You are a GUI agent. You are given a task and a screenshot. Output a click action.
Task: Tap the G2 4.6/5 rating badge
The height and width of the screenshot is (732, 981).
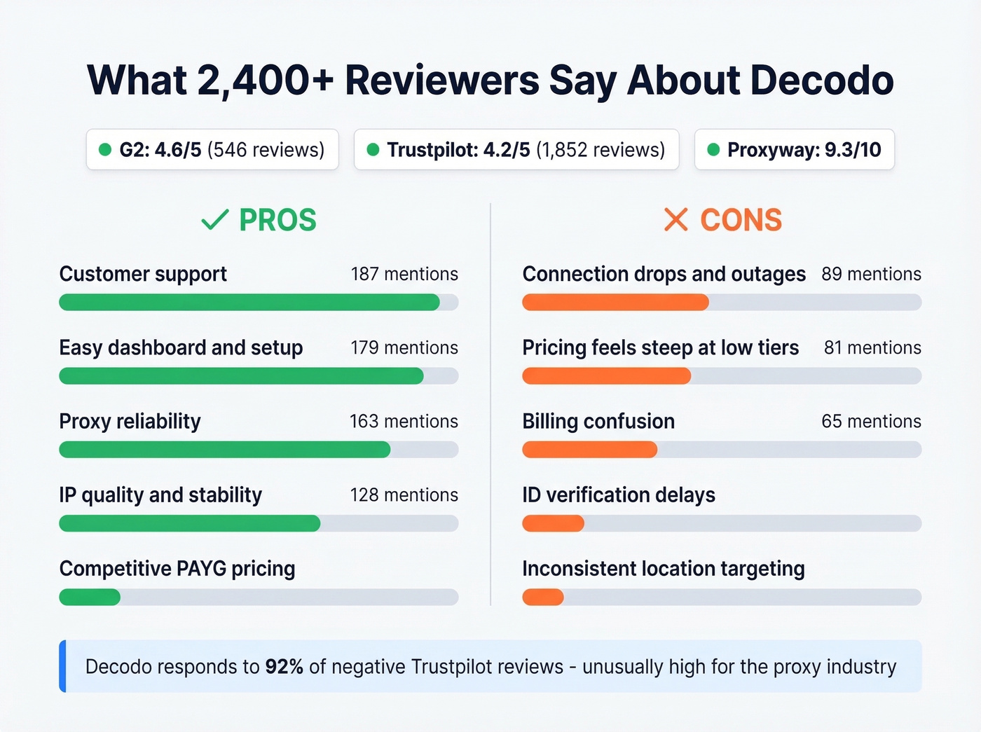click(x=212, y=149)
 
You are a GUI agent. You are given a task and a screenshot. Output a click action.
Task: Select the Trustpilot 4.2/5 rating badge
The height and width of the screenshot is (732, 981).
click(x=516, y=149)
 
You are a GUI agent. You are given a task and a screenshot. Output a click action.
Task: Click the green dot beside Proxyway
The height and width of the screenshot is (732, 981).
click(x=713, y=149)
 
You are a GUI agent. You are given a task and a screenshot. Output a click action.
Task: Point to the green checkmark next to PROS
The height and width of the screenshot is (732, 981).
click(x=214, y=220)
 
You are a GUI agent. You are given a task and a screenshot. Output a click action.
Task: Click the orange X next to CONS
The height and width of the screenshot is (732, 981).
click(x=675, y=220)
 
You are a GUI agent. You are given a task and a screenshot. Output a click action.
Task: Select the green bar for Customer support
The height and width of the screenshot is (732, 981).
click(x=249, y=303)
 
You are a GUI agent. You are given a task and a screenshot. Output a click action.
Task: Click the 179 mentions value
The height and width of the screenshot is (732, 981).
click(x=404, y=347)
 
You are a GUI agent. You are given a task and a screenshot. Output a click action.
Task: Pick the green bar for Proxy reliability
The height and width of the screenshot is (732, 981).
click(x=224, y=450)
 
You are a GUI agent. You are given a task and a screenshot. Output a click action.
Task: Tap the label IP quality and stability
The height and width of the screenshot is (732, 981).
click(x=160, y=495)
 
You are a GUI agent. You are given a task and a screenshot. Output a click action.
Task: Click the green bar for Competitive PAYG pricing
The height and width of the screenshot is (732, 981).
click(x=90, y=598)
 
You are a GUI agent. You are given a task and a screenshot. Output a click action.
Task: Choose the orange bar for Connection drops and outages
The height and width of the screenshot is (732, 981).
click(x=615, y=303)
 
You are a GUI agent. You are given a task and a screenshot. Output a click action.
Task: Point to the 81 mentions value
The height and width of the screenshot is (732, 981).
click(x=872, y=347)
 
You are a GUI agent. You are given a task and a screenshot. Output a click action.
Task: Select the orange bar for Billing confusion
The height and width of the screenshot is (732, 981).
click(x=589, y=450)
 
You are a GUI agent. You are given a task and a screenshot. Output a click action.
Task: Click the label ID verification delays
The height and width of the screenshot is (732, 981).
click(x=619, y=495)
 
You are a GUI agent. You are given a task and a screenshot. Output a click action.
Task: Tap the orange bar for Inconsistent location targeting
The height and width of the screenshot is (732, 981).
click(x=543, y=598)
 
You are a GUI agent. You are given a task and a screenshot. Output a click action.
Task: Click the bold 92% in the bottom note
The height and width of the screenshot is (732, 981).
click(x=284, y=666)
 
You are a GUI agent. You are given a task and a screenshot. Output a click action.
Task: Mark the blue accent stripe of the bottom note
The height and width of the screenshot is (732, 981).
click(x=62, y=666)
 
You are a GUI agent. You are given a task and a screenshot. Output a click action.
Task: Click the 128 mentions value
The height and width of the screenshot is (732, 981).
click(x=404, y=495)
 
